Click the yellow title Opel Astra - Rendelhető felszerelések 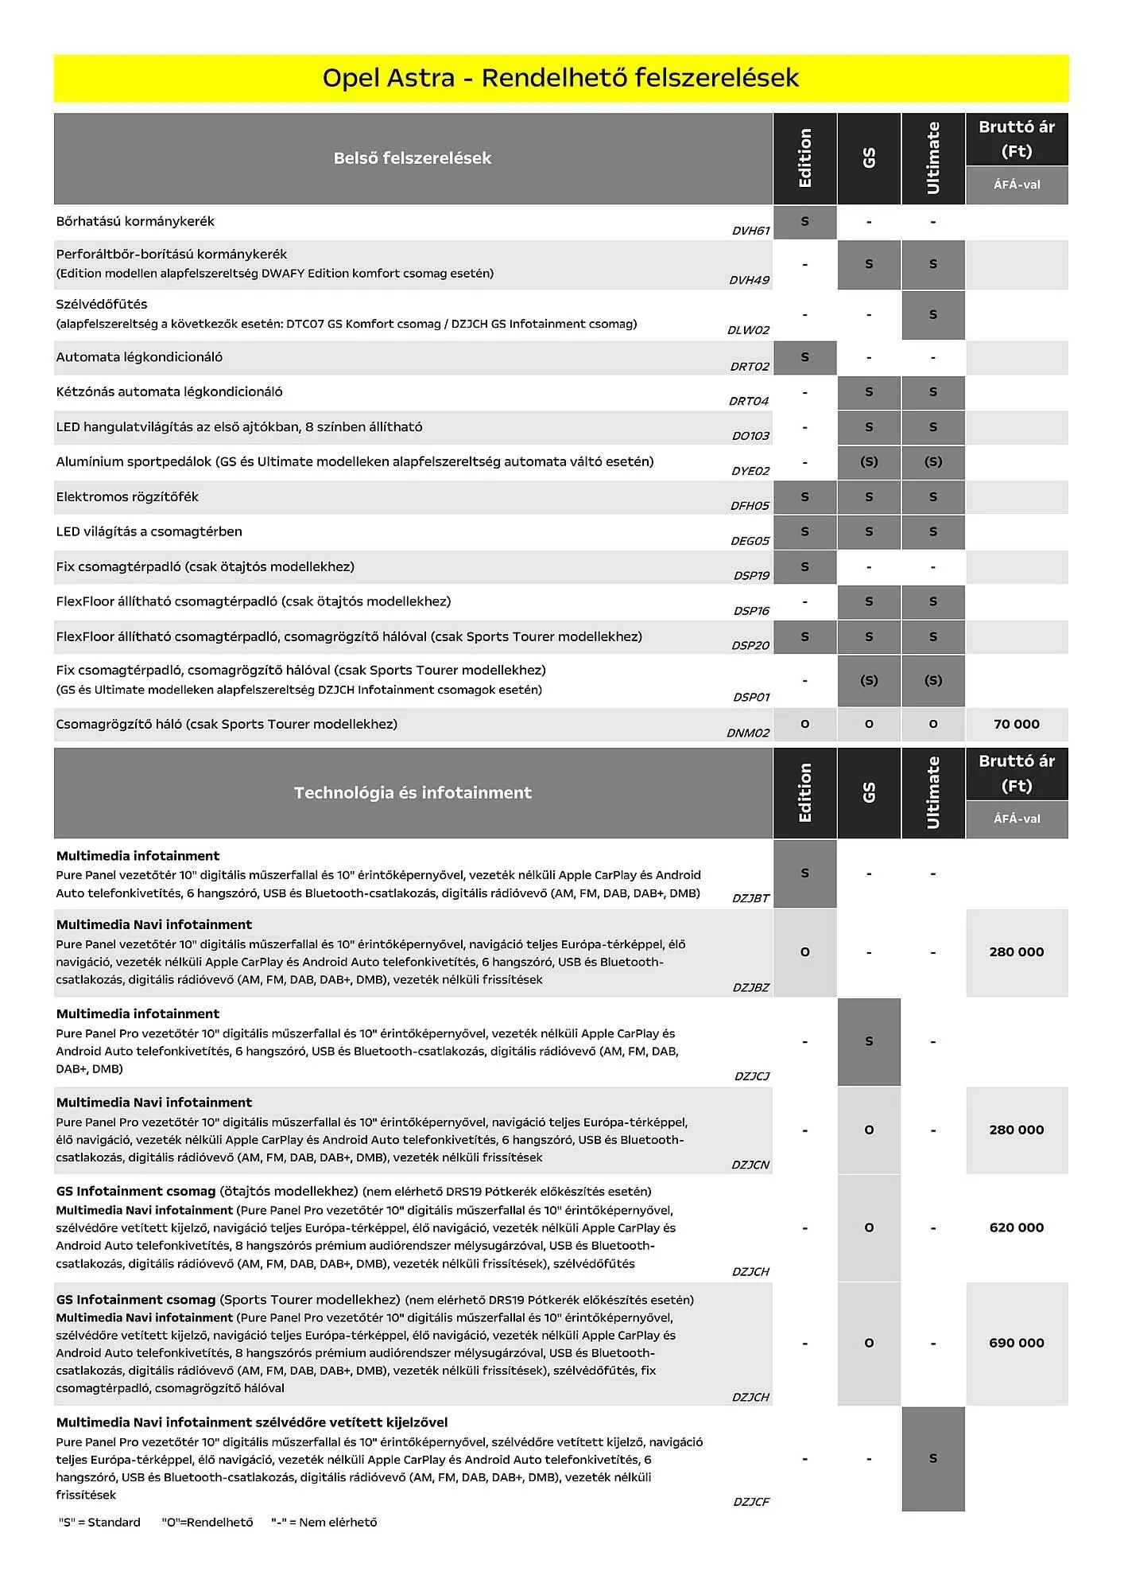560,78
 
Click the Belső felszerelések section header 413,158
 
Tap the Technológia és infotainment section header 413,792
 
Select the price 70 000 1016,724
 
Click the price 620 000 1016,1227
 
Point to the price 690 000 1016,1343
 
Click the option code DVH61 750,231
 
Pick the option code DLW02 748,330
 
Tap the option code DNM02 748,733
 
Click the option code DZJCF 750,1502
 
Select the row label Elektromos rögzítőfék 127,497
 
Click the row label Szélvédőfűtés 102,304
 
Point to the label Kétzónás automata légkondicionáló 169,391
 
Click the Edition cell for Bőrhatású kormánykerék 804,222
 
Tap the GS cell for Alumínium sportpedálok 869,461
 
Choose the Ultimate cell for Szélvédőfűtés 933,315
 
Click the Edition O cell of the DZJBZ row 804,952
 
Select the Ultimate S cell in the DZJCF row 933,1458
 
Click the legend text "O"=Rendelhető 207,1522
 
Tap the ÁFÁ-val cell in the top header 1016,185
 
